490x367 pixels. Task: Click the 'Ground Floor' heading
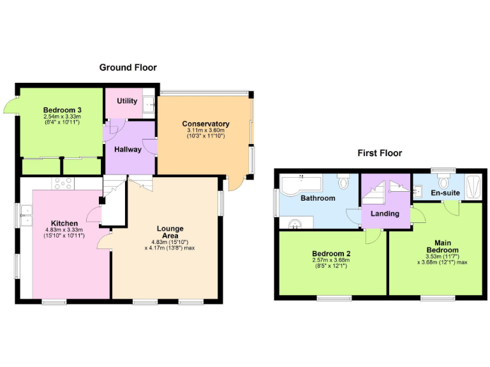(x=128, y=68)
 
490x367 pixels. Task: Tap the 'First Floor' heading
(x=379, y=153)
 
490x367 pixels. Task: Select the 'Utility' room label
(x=127, y=102)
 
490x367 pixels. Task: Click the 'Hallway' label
(x=128, y=150)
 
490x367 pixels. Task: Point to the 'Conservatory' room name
(x=205, y=124)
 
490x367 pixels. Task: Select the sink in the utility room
(x=149, y=103)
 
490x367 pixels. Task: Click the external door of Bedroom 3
(x=11, y=105)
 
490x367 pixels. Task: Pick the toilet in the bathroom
(x=344, y=182)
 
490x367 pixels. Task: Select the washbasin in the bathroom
(x=295, y=222)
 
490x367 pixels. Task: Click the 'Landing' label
(x=385, y=213)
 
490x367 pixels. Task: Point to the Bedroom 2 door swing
(x=372, y=236)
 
